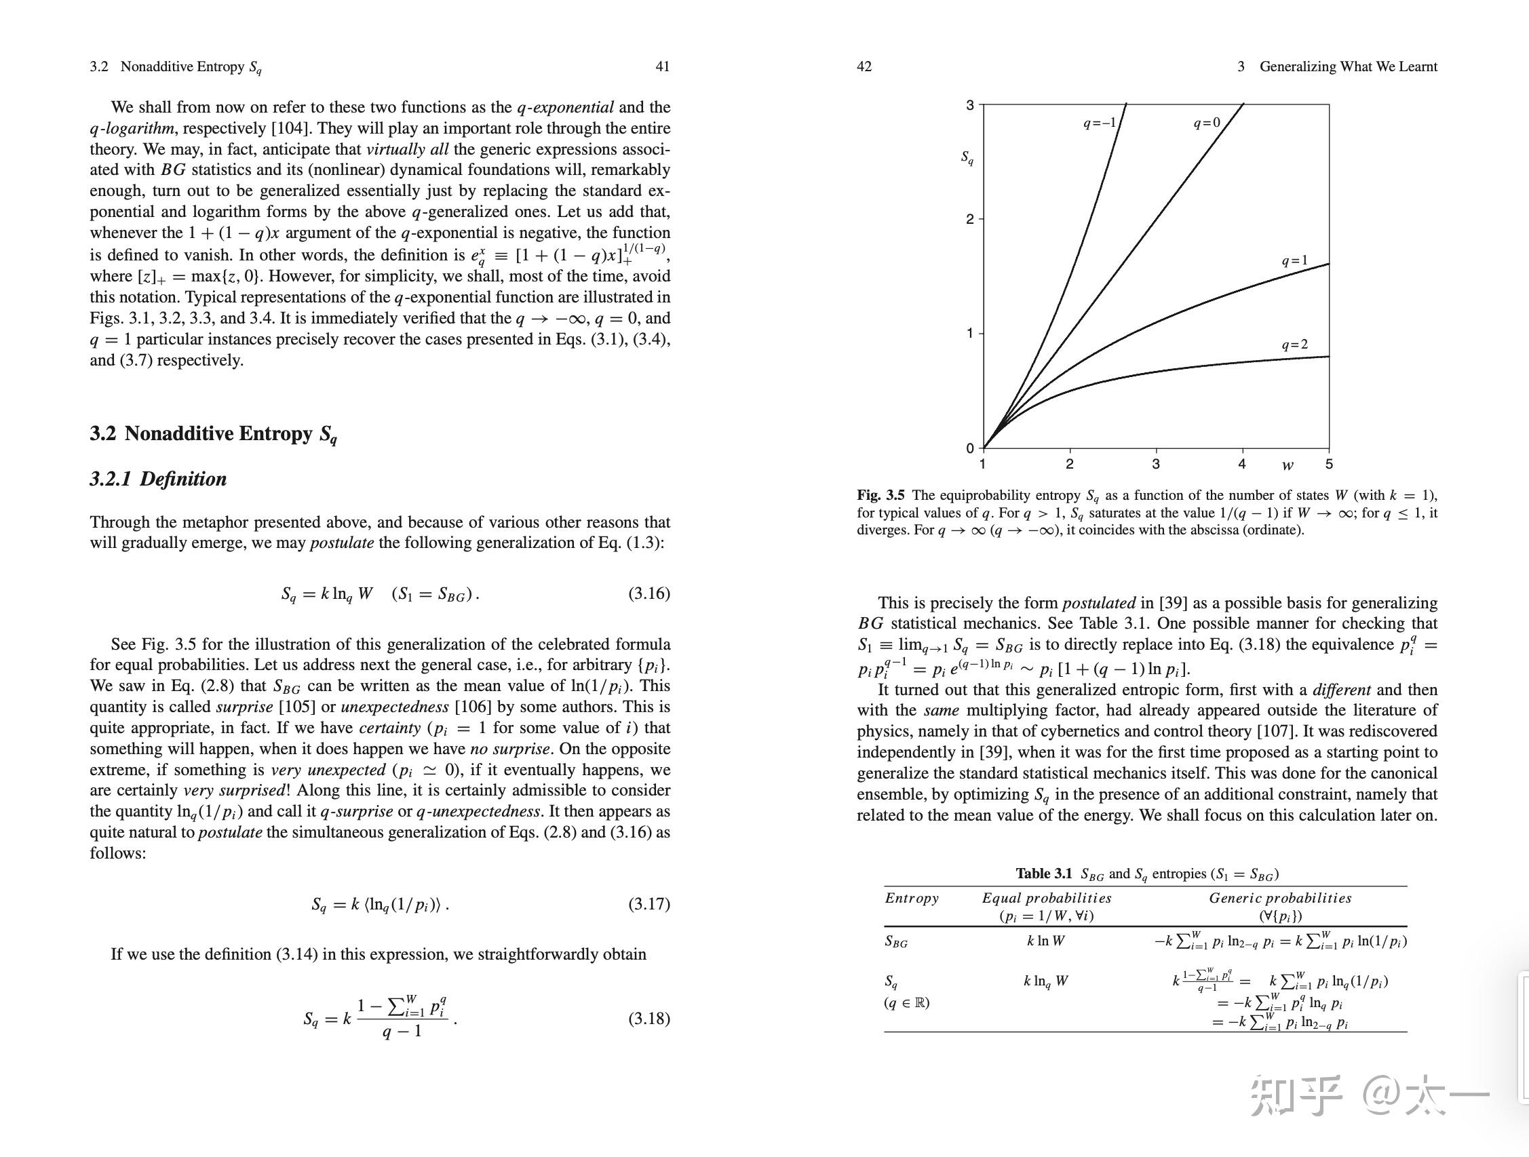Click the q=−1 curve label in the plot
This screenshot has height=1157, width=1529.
(1100, 123)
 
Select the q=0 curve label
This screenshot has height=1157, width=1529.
(1207, 123)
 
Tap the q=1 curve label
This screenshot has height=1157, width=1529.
(1295, 260)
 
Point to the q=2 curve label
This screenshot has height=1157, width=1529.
(1295, 345)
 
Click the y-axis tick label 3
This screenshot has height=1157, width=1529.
(970, 105)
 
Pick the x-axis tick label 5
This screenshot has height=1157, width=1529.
(1328, 464)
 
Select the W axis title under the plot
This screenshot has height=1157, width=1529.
(1287, 465)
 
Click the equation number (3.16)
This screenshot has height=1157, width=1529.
(649, 593)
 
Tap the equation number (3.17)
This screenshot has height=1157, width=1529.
(649, 904)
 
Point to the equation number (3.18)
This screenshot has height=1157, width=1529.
(649, 1018)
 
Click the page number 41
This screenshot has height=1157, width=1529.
(662, 66)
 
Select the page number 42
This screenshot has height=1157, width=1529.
(864, 66)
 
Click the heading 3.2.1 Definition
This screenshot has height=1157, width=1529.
(158, 479)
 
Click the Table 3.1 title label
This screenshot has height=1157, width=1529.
(1043, 874)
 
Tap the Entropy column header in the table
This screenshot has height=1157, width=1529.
(912, 898)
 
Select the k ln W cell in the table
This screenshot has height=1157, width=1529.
(1046, 941)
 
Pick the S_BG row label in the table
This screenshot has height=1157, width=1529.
(896, 941)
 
